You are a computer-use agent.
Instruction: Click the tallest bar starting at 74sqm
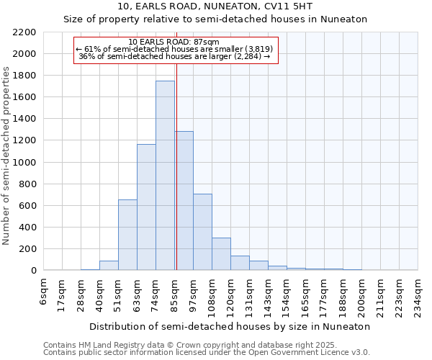[x=165, y=176]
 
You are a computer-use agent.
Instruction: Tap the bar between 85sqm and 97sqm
[x=184, y=201]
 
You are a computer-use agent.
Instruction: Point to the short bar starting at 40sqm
[x=109, y=266]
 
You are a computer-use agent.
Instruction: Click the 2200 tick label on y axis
[x=24, y=32]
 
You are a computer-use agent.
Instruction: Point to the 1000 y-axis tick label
[x=24, y=162]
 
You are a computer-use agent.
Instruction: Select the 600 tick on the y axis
[x=27, y=205]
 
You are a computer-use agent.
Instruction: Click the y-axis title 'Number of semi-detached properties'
[x=7, y=156]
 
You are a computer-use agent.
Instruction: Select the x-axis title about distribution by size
[x=230, y=326]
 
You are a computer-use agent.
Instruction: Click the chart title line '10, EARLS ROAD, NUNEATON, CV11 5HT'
[x=215, y=6]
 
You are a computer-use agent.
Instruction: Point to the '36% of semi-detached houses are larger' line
[x=174, y=56]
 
